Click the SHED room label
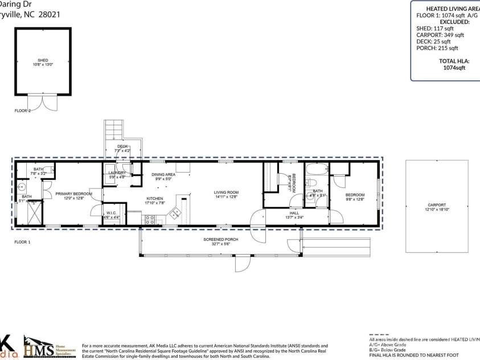43,60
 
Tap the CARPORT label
437,204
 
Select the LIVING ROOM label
226,193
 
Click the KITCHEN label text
154,199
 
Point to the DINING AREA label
163,174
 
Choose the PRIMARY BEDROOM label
73,194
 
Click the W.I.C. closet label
112,214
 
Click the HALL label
294,214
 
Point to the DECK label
122,147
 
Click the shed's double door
43,103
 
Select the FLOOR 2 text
23,111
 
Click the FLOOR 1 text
23,242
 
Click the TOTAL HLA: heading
454,60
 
